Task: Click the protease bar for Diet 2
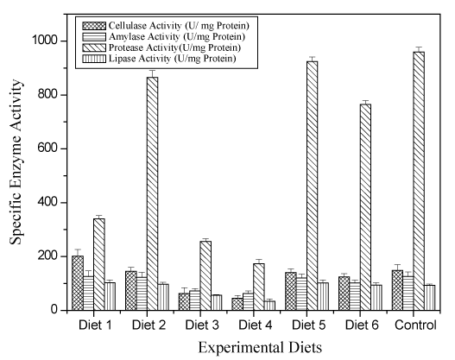(x=152, y=193)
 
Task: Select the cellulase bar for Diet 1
(x=78, y=283)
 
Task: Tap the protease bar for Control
(x=419, y=181)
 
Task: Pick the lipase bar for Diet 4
(x=269, y=306)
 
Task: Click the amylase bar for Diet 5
(x=301, y=294)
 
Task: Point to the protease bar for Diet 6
(x=365, y=207)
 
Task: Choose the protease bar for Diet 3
(x=205, y=275)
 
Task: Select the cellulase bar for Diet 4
(x=237, y=304)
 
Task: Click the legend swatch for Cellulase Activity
(x=94, y=26)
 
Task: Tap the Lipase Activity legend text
(x=173, y=59)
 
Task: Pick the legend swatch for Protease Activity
(x=94, y=47)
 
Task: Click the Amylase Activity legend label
(x=177, y=37)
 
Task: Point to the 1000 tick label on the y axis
(x=44, y=41)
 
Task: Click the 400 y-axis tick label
(x=47, y=202)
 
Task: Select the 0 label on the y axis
(x=54, y=310)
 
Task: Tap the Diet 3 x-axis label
(x=202, y=325)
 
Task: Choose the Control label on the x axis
(x=415, y=325)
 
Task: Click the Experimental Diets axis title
(x=260, y=347)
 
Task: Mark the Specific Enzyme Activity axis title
(x=16, y=161)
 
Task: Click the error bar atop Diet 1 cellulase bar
(x=78, y=252)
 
